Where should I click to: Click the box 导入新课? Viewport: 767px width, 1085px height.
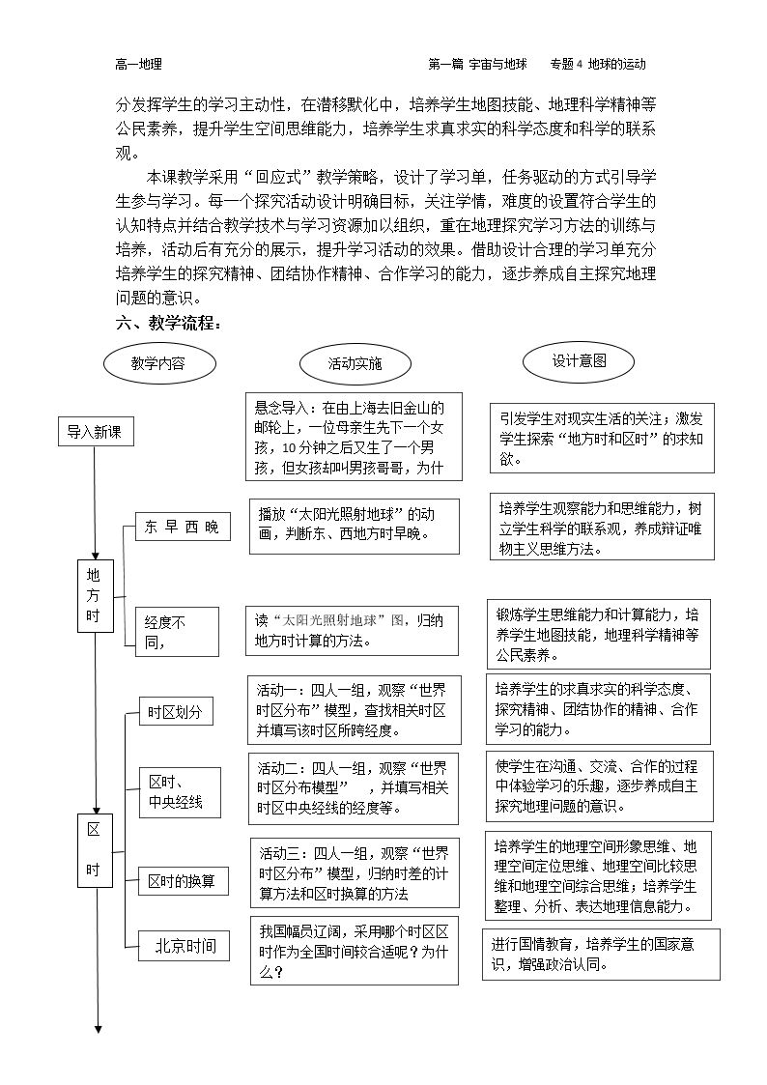point(96,432)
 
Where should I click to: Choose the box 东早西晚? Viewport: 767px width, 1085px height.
point(182,527)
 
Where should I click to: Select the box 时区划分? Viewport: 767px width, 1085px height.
point(176,711)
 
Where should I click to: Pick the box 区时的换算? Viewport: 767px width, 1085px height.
point(184,881)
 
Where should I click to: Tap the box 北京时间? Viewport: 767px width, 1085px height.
point(184,946)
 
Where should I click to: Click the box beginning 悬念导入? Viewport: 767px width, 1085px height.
point(355,437)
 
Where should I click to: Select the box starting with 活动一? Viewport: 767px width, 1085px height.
point(355,710)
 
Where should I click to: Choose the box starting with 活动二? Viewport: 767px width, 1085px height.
point(354,788)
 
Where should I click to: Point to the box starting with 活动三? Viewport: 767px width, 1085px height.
point(355,872)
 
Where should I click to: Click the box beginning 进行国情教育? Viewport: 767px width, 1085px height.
point(601,955)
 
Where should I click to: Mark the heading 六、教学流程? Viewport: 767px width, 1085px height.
point(169,323)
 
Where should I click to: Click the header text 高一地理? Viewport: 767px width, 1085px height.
point(138,65)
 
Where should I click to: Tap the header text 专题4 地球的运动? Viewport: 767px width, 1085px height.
point(598,65)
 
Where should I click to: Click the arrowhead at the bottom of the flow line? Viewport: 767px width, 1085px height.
point(99,1029)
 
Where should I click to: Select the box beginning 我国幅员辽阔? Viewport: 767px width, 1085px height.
point(355,950)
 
